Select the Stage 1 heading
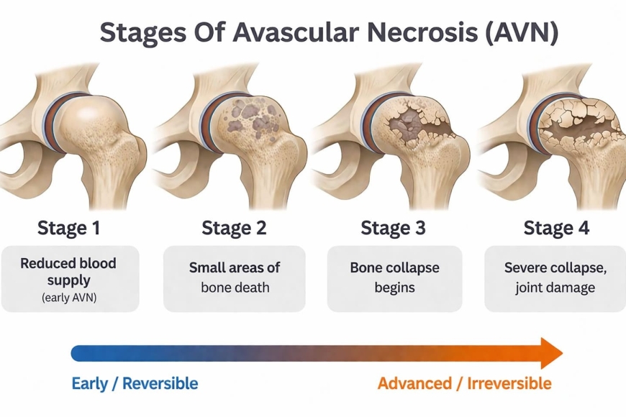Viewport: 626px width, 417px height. (x=68, y=229)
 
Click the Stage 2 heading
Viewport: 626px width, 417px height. (x=234, y=229)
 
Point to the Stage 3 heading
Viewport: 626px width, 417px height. (x=393, y=229)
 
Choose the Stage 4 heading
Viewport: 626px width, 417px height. (x=556, y=229)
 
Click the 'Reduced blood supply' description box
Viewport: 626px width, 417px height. (x=69, y=278)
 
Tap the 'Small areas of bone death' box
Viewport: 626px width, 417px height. (x=234, y=278)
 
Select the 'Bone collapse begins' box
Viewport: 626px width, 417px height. (x=394, y=278)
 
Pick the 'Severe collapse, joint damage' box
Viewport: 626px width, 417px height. (x=555, y=278)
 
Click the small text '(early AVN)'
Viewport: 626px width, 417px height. (x=68, y=295)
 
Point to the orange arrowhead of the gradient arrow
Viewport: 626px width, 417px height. (x=552, y=353)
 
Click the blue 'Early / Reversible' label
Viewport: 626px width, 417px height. (x=135, y=383)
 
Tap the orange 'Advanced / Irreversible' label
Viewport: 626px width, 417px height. (x=464, y=383)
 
